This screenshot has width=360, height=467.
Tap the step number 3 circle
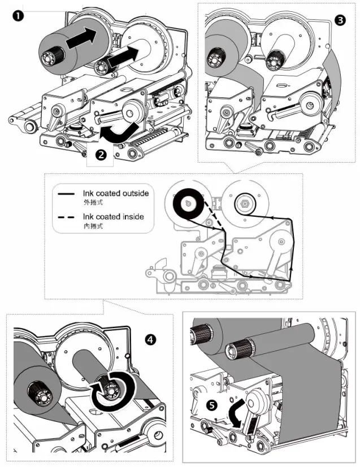pyautogui.click(x=340, y=20)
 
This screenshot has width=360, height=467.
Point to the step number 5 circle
pyautogui.click(x=211, y=405)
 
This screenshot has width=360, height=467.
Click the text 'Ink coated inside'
pyautogui.click(x=113, y=216)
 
